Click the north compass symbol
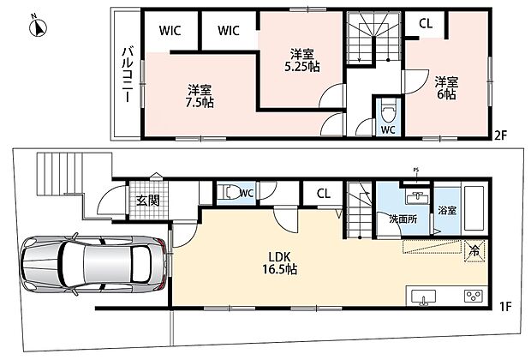(37, 27)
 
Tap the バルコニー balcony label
(128, 75)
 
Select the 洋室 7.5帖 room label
(200, 97)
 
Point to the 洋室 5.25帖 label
(301, 61)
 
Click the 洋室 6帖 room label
(446, 87)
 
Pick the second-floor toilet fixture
(388, 111)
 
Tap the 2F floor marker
(501, 136)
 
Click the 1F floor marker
(505, 307)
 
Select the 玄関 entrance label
(148, 201)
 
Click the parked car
(94, 264)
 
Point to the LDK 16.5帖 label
(280, 262)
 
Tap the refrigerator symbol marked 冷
(475, 251)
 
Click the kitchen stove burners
(474, 297)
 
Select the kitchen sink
(423, 297)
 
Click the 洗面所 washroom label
(403, 219)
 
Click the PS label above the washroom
(416, 170)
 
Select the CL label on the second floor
(426, 23)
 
